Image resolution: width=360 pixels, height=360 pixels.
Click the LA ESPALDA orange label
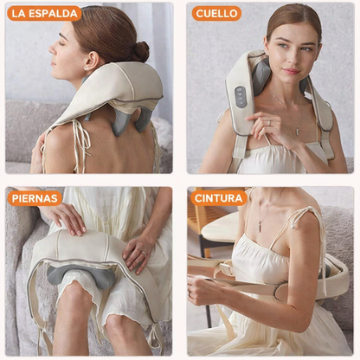pos(44,14)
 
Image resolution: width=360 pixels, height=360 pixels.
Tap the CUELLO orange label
pos(216,14)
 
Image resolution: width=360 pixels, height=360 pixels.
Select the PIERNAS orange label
pos(35,198)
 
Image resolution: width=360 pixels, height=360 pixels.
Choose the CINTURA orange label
pos(219,198)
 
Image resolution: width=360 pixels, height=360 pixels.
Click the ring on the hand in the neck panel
pos(269,123)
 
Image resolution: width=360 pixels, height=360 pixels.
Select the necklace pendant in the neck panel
pos(297,131)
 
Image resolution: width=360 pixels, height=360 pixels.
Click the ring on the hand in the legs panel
pos(144,254)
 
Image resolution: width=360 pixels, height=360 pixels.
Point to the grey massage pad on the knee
pos(81,276)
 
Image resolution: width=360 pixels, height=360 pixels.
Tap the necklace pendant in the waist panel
pos(260,226)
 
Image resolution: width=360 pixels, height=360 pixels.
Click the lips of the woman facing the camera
pos(291,71)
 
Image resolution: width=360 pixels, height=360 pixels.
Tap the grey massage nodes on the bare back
pos(132,120)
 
